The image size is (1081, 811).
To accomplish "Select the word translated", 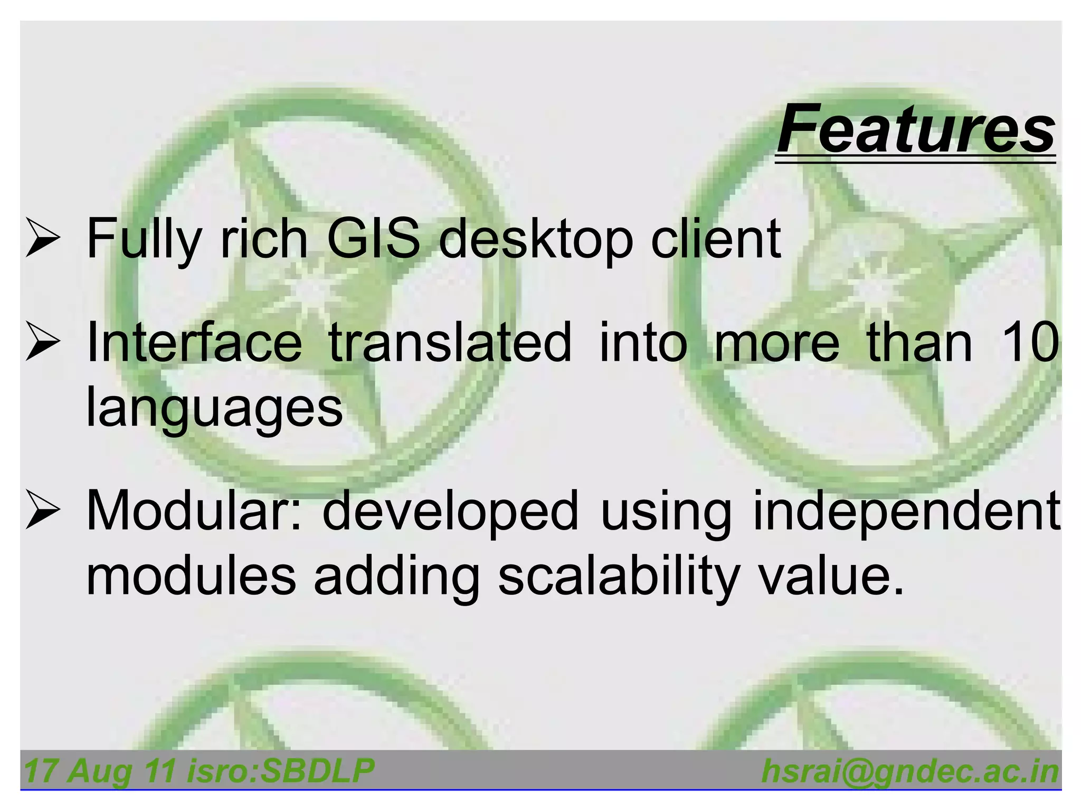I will [x=450, y=343].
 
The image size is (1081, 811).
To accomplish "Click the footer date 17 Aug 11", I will [x=99, y=771].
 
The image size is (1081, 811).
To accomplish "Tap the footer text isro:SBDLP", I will [x=281, y=771].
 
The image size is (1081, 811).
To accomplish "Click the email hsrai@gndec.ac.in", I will [x=910, y=772].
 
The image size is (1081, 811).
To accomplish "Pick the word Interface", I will [x=194, y=343].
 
